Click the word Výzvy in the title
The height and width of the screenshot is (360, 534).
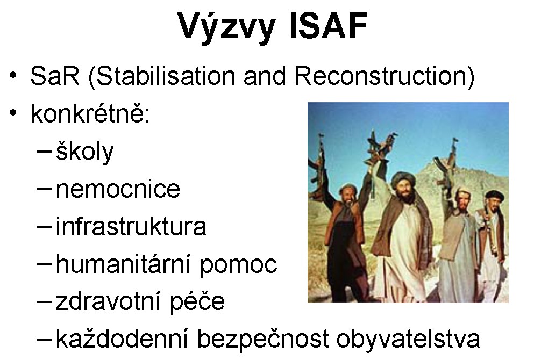pyautogui.click(x=227, y=28)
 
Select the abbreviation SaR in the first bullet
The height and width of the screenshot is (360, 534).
pyautogui.click(x=54, y=76)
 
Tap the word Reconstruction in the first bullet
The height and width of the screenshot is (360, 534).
pyautogui.click(x=380, y=76)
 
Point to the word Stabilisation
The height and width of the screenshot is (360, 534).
pyautogui.click(x=166, y=76)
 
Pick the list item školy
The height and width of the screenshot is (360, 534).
pyautogui.click(x=84, y=152)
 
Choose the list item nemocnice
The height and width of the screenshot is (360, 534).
pyautogui.click(x=118, y=189)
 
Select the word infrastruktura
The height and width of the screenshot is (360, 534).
pyautogui.click(x=131, y=226)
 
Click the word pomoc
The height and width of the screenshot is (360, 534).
pyautogui.click(x=238, y=266)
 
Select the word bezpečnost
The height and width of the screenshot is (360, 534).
pyautogui.click(x=263, y=340)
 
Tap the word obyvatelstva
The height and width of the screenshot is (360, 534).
pyautogui.click(x=408, y=340)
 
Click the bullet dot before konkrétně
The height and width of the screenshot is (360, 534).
pyautogui.click(x=13, y=112)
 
